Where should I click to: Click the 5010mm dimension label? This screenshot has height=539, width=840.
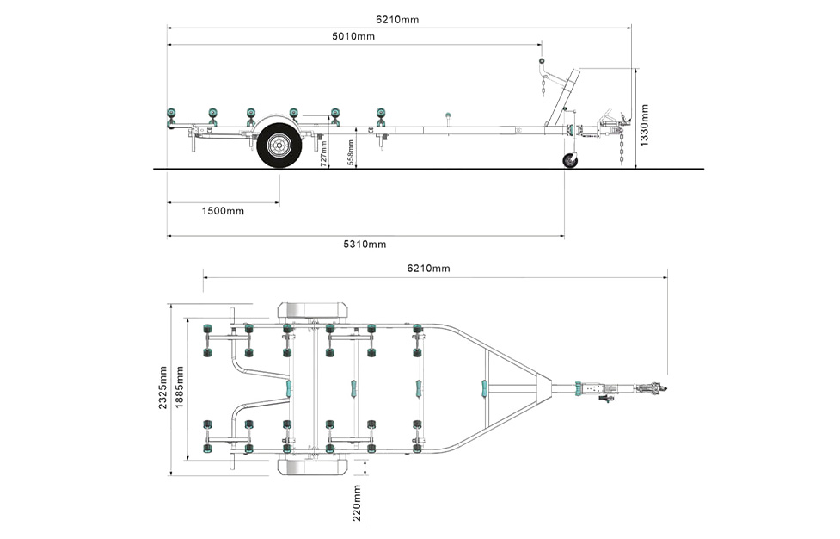point(353,36)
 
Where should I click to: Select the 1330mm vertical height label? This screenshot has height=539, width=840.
point(646,125)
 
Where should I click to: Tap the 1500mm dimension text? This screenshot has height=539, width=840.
point(223,211)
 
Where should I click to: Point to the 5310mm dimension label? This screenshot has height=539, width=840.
point(365,244)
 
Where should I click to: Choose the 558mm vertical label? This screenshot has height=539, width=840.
point(350,152)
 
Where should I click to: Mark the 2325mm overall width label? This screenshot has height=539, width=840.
point(163,387)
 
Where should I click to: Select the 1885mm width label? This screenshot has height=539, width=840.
point(180,387)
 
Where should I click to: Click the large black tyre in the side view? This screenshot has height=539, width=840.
point(279,146)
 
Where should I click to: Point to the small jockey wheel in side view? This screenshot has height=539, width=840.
point(569,161)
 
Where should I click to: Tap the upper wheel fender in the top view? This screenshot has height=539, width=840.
point(312,312)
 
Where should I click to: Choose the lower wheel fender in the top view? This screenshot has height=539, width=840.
point(312,468)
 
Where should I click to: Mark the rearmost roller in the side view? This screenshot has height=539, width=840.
point(171,115)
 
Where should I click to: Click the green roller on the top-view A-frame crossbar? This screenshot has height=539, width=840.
point(484,388)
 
